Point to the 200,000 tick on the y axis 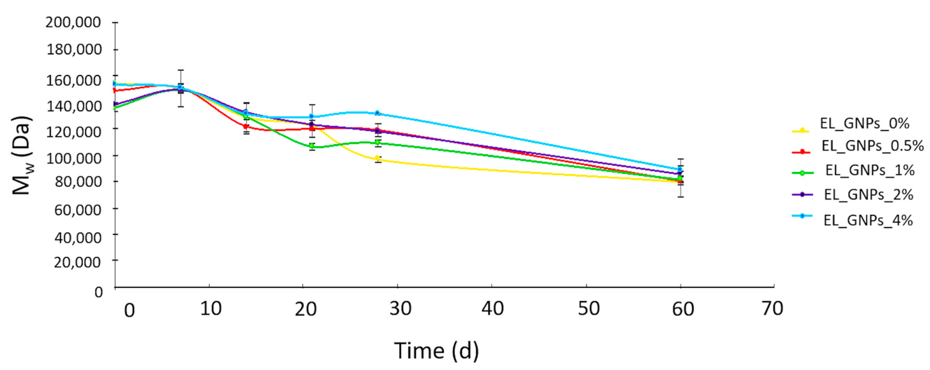pyautogui.click(x=73, y=23)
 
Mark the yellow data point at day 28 pyautogui.click(x=377, y=158)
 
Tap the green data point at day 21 pyautogui.click(x=312, y=146)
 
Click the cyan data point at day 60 pyautogui.click(x=680, y=169)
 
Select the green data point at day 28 pyautogui.click(x=377, y=142)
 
